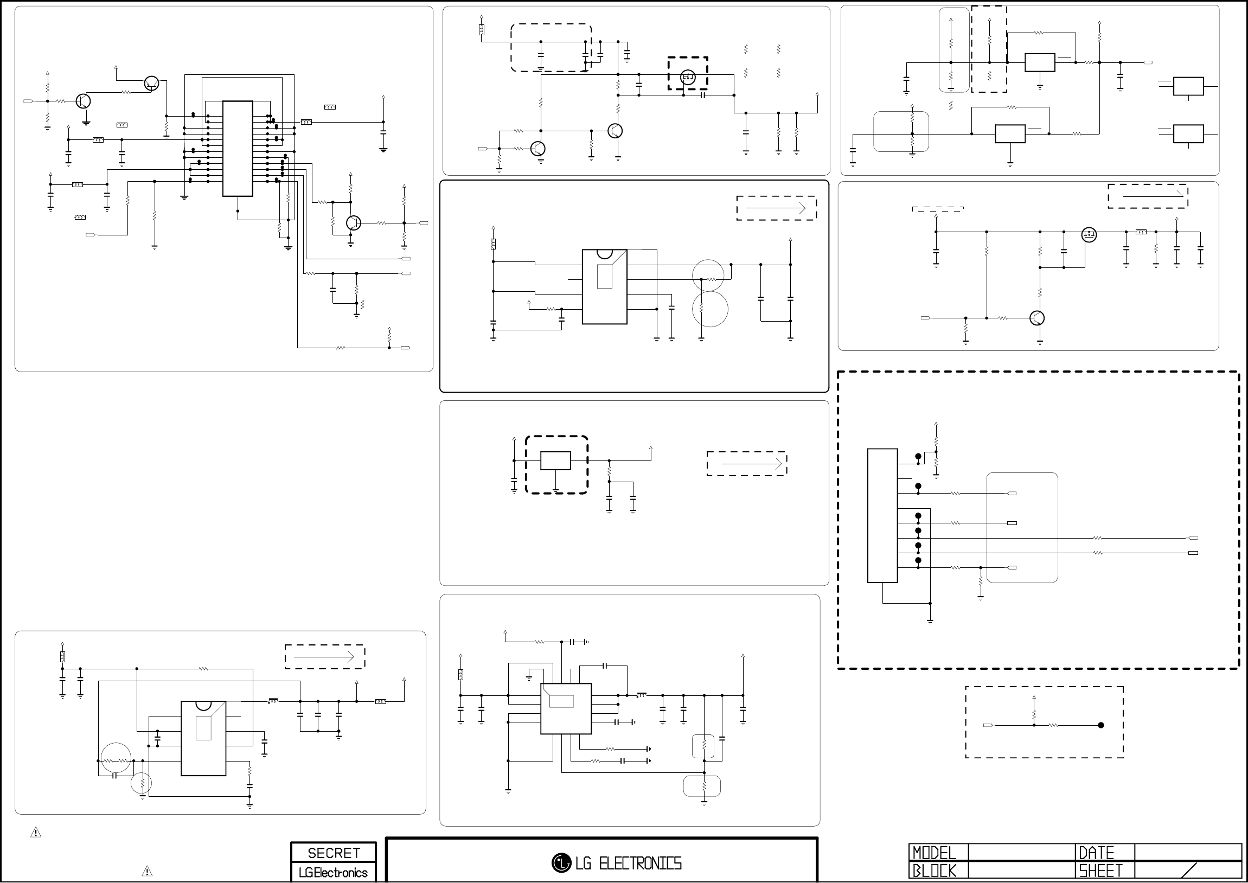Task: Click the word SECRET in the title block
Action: pyautogui.click(x=333, y=853)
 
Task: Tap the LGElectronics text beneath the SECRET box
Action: pyautogui.click(x=333, y=872)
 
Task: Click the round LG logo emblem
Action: pyautogui.click(x=561, y=862)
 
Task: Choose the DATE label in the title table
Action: pyautogui.click(x=1096, y=852)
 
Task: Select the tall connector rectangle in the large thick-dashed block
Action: pyautogui.click(x=882, y=515)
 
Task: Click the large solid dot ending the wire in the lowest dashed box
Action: pyautogui.click(x=1100, y=725)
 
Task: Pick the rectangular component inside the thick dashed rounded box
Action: pyautogui.click(x=555, y=460)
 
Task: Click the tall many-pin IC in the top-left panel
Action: pyautogui.click(x=238, y=149)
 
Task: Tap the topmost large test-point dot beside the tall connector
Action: pyautogui.click(x=919, y=456)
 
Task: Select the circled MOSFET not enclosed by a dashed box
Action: pyautogui.click(x=1089, y=235)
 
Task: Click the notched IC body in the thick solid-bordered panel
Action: pyautogui.click(x=604, y=286)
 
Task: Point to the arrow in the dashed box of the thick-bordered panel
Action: pyautogui.click(x=776, y=208)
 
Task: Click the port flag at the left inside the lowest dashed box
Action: pyautogui.click(x=988, y=725)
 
